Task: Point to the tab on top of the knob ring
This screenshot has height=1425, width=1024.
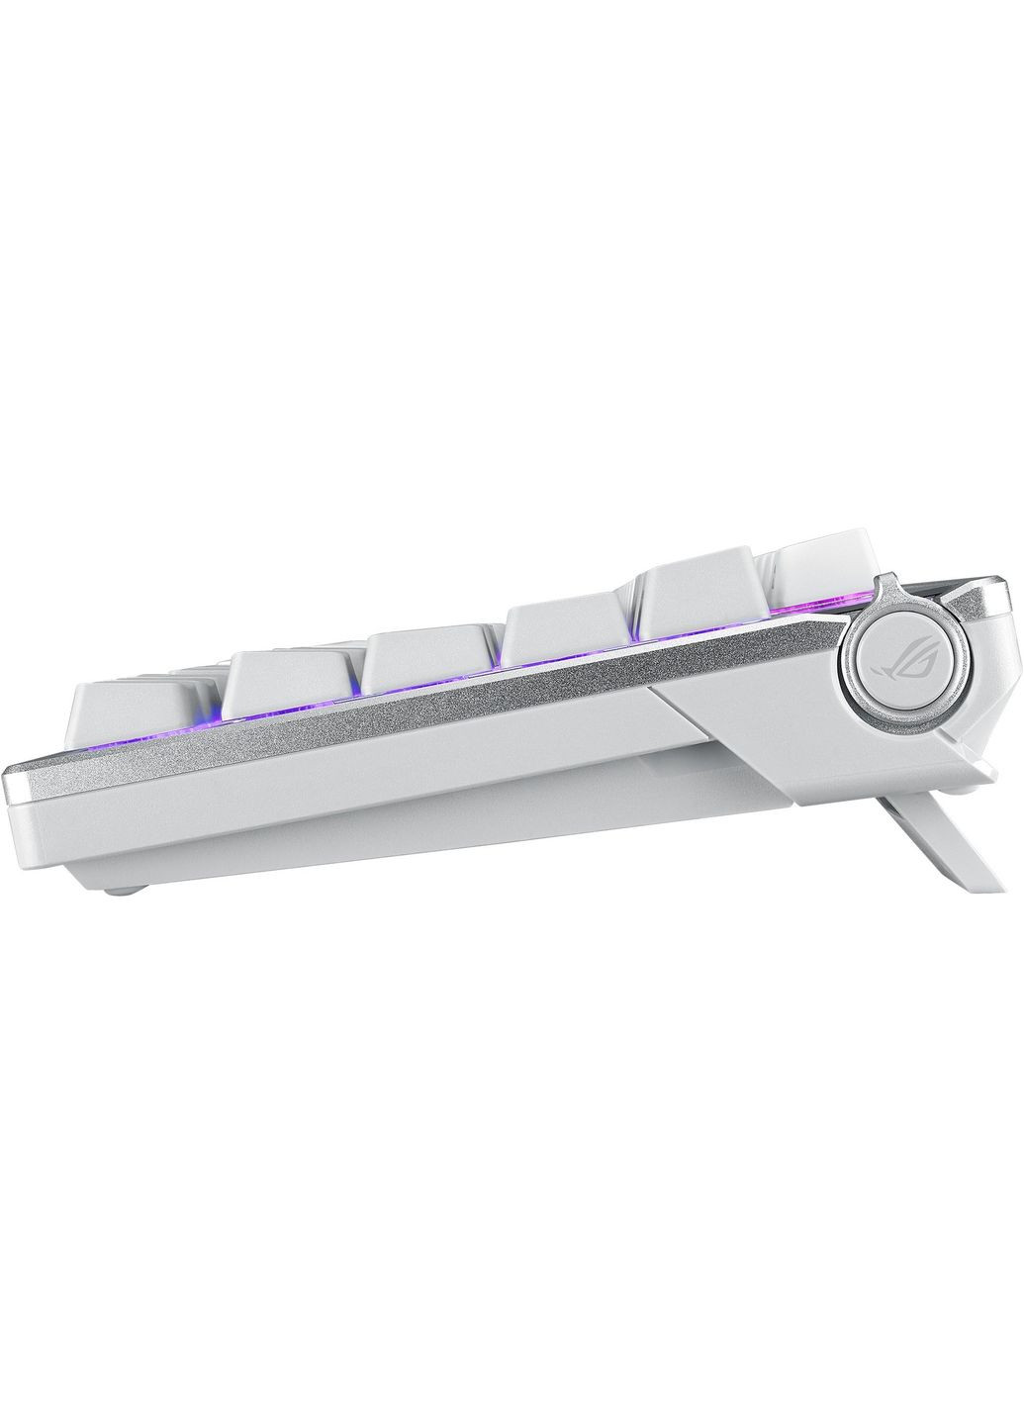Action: pos(888,591)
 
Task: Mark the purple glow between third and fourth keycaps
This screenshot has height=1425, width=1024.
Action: pos(499,684)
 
